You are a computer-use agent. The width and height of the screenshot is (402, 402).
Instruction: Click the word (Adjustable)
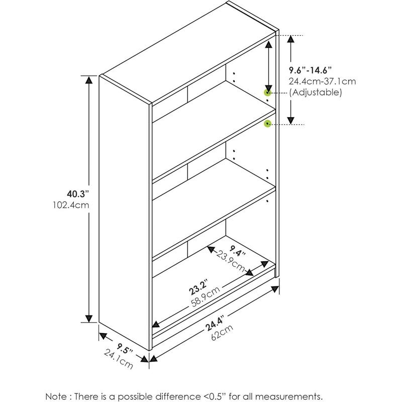316,93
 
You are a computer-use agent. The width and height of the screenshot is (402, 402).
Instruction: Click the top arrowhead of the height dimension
89,79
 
